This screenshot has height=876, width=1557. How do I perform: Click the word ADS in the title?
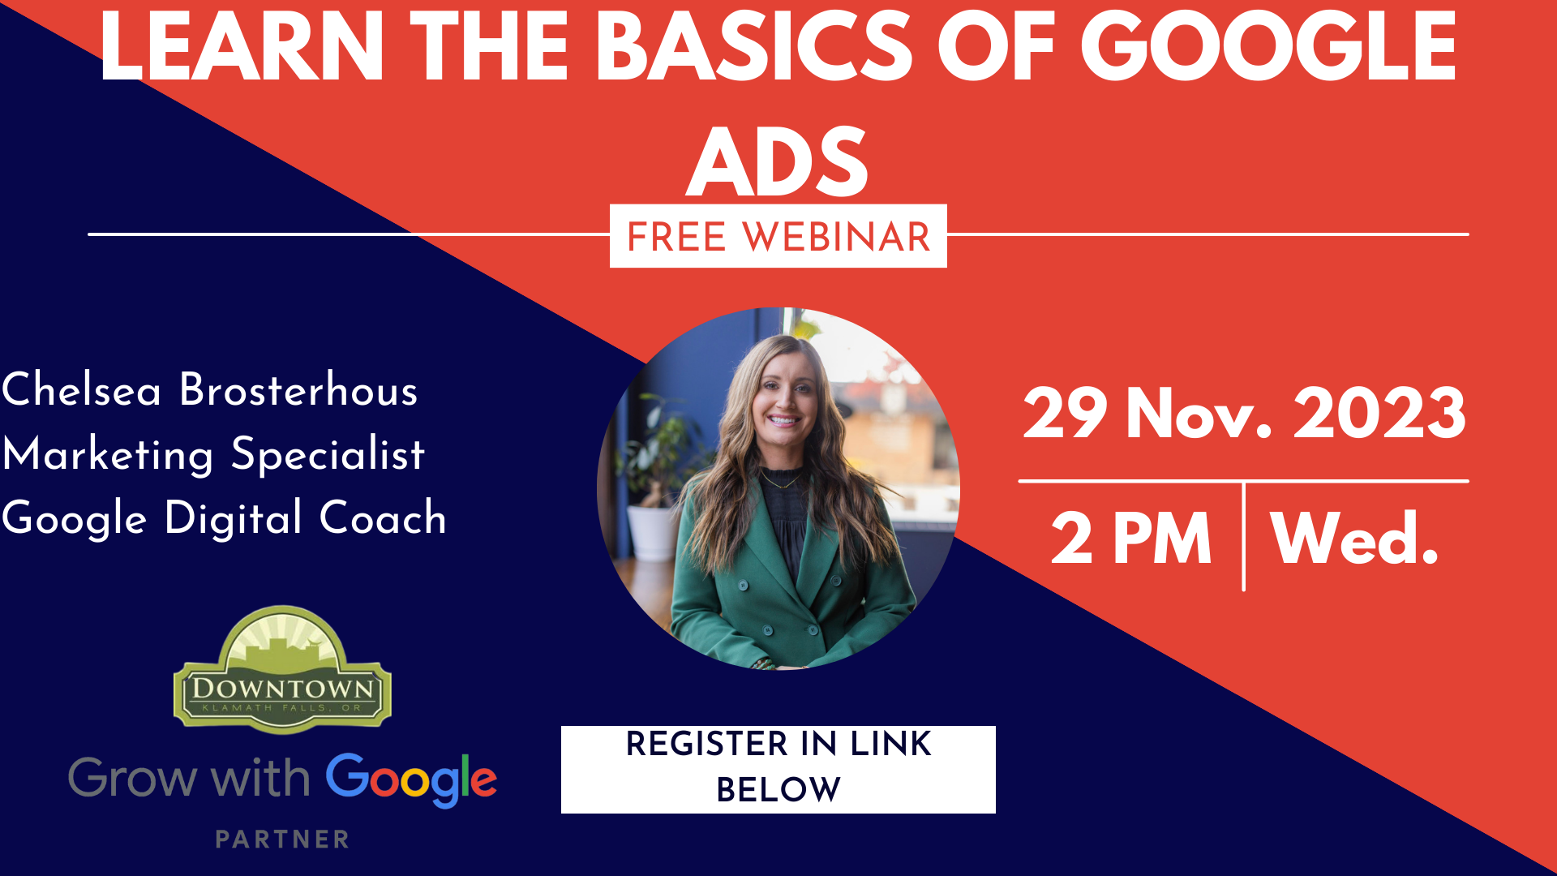tap(778, 162)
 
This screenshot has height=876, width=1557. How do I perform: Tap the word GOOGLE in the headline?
tap(1268, 47)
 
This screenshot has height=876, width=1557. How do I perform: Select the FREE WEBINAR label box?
tap(778, 236)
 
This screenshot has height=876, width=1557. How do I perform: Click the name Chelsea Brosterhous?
tap(209, 389)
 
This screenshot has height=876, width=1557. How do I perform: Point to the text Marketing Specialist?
tap(213, 454)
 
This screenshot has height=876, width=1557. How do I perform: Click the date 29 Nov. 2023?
tap(1244, 414)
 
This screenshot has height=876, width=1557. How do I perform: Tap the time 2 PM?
tap(1131, 539)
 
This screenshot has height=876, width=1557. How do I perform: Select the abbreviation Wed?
tap(1354, 539)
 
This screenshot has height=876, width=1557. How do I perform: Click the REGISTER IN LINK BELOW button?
tap(778, 769)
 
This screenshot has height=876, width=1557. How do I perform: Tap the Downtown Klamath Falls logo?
tap(282, 669)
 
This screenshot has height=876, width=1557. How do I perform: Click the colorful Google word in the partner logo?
tap(411, 779)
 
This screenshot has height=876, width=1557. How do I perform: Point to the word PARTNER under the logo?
tap(282, 839)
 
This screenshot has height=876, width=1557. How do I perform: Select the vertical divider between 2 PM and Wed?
tap(1243, 536)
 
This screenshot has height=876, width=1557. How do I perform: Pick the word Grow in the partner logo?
tap(132, 779)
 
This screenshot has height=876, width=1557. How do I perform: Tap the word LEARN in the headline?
tap(241, 47)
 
